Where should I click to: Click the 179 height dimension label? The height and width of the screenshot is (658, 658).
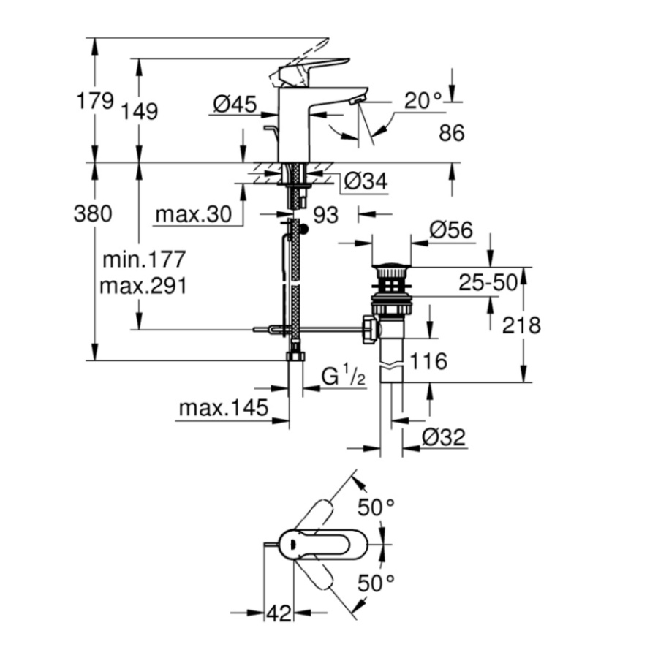pos(95,100)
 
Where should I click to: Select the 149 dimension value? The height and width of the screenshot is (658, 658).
pos(140,111)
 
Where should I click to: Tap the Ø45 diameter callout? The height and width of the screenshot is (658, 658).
pos(235,106)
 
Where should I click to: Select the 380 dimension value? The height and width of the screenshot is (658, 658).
pos(94,213)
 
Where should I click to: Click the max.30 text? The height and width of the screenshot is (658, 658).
pos(193,214)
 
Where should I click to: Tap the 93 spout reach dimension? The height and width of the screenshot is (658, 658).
pos(326,215)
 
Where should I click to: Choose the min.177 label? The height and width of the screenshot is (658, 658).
pos(144,260)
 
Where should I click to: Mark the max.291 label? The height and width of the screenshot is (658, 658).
pos(144,285)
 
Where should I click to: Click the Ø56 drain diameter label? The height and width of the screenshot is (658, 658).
pos(450,231)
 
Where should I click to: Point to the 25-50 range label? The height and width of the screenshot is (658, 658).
pos(488,283)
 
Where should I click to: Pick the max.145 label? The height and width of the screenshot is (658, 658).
pos(223,408)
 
